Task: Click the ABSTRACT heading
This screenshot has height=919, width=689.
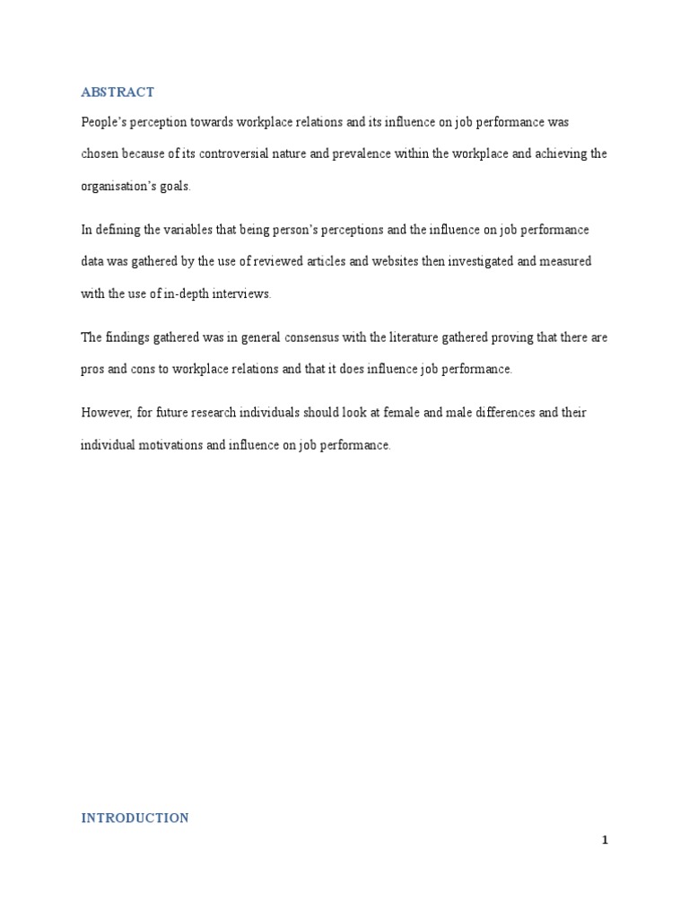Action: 118,92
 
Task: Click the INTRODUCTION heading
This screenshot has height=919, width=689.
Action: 135,818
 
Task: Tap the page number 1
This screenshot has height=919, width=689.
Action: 605,840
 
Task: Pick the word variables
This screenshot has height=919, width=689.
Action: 180,230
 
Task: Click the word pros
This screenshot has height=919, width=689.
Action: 92,369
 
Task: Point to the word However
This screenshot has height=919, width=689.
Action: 106,413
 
